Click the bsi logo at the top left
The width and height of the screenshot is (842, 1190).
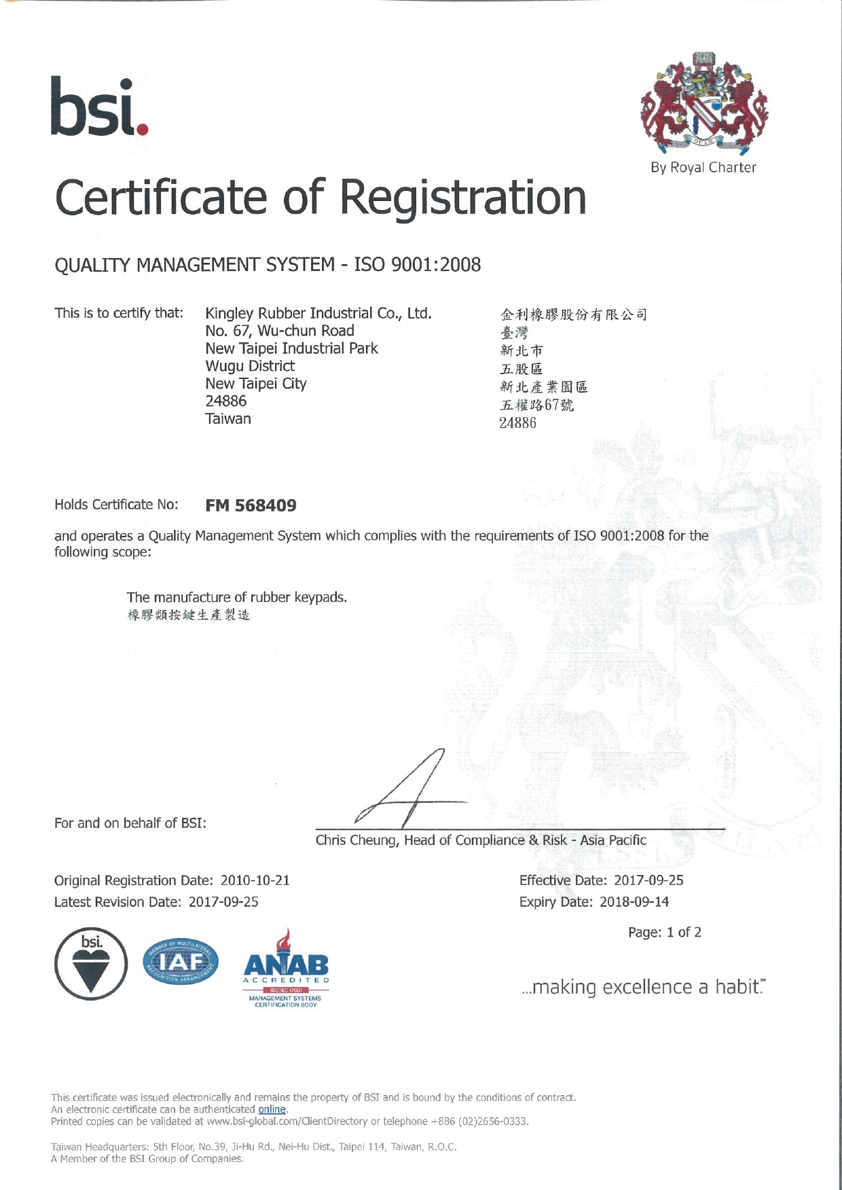(x=99, y=107)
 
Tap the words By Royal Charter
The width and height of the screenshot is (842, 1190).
(x=703, y=168)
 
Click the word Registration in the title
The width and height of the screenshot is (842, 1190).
(x=462, y=198)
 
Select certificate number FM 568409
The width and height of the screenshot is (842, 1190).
(x=251, y=505)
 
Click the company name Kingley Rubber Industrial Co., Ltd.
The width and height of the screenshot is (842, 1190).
(x=318, y=313)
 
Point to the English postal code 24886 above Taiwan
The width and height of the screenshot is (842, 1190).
(x=226, y=401)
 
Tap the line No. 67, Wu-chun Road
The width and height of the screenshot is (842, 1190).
(x=280, y=331)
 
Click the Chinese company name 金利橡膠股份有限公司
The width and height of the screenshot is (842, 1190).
(x=574, y=314)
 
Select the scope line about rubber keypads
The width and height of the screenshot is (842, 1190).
(x=236, y=597)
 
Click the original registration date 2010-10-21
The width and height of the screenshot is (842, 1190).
(x=255, y=880)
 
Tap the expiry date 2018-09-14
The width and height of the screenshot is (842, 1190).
(x=634, y=902)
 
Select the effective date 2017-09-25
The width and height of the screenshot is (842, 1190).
(x=648, y=880)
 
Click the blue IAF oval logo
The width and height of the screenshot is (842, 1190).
(x=181, y=961)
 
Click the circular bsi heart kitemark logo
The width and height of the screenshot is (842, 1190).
(x=91, y=964)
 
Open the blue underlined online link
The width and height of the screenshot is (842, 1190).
(x=272, y=1109)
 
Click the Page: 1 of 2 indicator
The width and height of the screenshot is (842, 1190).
(x=665, y=933)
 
